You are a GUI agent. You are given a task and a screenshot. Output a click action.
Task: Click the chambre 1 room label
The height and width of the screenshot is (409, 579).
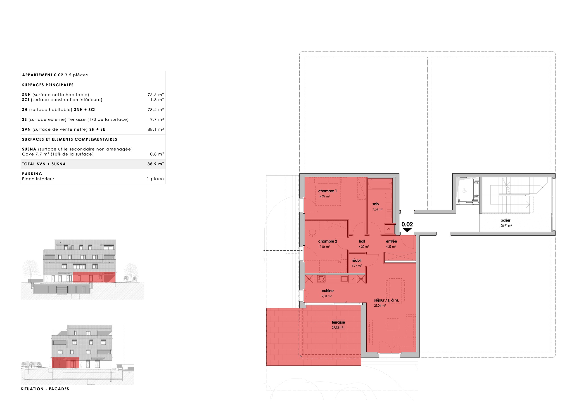point(327,191)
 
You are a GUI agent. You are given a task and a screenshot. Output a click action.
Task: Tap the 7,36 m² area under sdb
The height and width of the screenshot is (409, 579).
point(377,209)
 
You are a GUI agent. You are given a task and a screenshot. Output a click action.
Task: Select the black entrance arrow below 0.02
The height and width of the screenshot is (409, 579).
point(407,230)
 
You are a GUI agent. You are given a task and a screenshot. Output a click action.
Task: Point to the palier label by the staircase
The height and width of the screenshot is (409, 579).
point(505,220)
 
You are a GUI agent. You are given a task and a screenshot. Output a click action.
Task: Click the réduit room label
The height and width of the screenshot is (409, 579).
point(356,260)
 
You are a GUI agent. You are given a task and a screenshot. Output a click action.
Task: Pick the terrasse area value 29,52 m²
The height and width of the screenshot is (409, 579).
point(337,328)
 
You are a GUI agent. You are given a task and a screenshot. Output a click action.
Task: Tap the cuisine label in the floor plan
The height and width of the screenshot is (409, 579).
point(327,291)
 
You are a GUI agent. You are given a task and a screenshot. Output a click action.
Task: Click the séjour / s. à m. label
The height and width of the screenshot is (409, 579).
point(386,300)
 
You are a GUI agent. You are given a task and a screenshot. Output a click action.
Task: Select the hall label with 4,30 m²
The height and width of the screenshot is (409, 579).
point(362,241)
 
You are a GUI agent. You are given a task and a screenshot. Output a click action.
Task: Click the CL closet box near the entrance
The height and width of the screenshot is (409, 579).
point(389,229)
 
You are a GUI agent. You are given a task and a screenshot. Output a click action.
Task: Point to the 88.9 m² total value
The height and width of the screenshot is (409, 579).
point(156,164)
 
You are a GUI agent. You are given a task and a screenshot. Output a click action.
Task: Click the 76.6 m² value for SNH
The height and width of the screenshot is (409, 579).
point(156,95)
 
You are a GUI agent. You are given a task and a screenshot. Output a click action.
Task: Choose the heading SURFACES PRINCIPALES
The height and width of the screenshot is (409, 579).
point(48,85)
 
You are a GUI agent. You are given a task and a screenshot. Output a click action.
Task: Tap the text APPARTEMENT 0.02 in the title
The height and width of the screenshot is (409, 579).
point(43,75)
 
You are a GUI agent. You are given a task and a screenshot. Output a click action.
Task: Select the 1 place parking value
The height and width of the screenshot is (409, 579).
point(155,179)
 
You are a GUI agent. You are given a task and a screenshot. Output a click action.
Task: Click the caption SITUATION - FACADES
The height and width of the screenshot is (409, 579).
point(45,389)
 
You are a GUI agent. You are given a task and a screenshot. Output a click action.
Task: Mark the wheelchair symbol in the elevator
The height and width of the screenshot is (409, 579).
point(465,191)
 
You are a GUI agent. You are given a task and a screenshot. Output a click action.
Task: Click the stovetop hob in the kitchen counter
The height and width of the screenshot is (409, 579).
point(321,279)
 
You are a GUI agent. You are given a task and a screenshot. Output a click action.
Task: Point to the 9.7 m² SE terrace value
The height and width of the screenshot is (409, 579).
point(157,120)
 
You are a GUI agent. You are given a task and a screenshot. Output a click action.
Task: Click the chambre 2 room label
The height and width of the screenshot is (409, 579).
point(327,241)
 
